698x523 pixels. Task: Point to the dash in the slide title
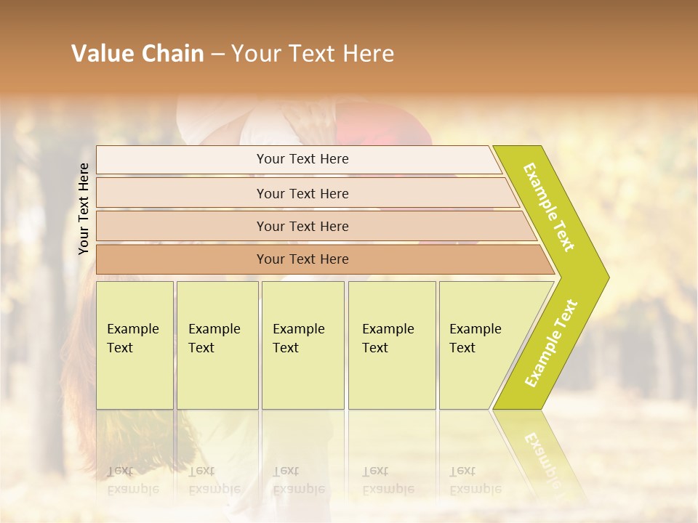click(217, 54)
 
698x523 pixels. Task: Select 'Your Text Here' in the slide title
click(313, 54)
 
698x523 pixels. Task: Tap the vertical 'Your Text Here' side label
click(84, 208)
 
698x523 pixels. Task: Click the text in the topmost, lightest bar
click(302, 159)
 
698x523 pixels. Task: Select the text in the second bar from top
click(302, 194)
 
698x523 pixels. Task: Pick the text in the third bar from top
click(302, 227)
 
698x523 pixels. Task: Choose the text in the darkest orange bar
click(302, 259)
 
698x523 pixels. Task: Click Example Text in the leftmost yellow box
click(132, 338)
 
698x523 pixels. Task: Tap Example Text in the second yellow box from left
click(214, 338)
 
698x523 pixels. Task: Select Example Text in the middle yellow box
click(298, 338)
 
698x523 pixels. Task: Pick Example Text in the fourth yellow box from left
click(388, 338)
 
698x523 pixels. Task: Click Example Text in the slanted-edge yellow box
click(475, 338)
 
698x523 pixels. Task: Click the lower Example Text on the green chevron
click(551, 344)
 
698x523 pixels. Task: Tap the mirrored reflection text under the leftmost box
click(132, 480)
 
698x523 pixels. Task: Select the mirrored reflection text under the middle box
click(298, 480)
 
